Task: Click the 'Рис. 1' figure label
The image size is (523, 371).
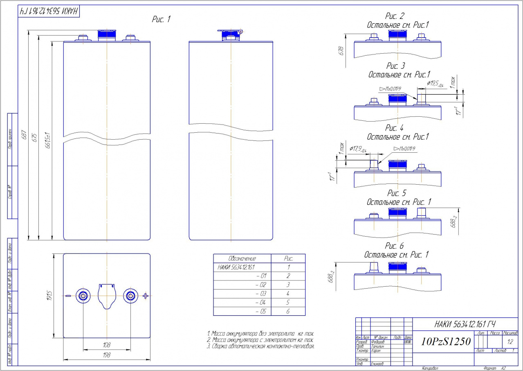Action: point(161,20)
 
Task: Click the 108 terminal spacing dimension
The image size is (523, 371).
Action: point(107,345)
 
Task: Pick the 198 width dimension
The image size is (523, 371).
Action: point(107,355)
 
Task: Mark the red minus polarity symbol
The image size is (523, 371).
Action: point(68,296)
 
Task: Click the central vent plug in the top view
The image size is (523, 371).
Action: point(107,295)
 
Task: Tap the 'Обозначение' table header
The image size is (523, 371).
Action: point(242,259)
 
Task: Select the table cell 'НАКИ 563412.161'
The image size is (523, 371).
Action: point(237,267)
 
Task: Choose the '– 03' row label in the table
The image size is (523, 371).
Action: point(260,294)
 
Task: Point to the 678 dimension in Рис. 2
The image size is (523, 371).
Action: point(341,51)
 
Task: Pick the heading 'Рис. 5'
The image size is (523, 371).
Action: point(396,193)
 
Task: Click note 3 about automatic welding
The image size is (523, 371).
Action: point(260,346)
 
